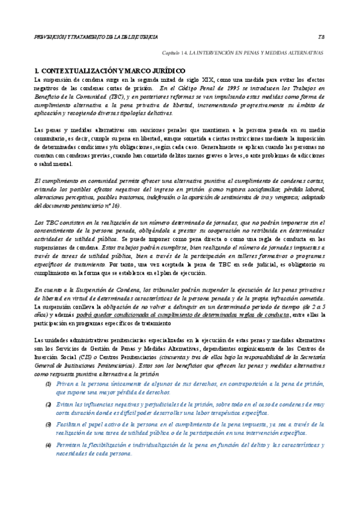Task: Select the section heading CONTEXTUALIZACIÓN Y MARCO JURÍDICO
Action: coord(112,71)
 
